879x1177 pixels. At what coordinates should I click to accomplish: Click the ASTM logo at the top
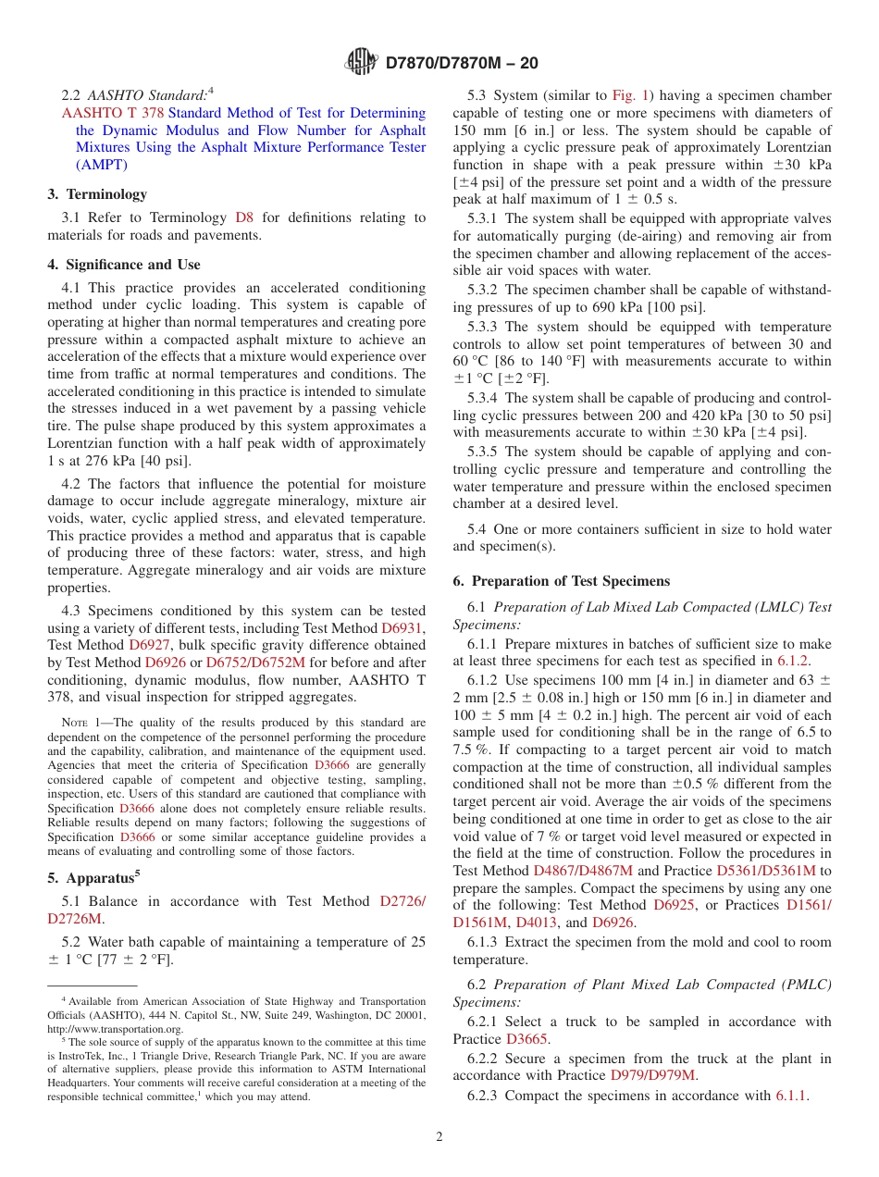tap(362, 62)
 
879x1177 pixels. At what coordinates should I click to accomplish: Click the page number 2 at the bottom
tap(439, 1136)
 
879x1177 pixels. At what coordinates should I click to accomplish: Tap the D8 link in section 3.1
tap(244, 217)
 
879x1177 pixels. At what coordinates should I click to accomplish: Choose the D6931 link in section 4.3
tap(403, 627)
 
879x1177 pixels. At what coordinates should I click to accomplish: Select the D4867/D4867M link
tap(583, 871)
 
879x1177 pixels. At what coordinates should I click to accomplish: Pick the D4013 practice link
tap(537, 923)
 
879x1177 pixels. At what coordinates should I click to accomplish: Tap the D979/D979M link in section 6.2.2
tap(652, 1075)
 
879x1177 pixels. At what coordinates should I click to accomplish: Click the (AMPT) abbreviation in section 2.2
tap(101, 165)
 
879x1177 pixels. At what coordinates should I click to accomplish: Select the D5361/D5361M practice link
tap(766, 871)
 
